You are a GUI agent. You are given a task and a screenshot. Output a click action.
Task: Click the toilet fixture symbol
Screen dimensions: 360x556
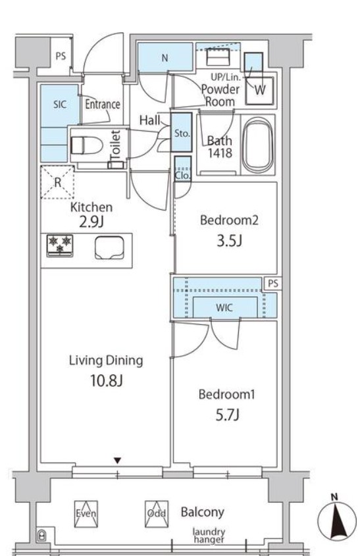87,145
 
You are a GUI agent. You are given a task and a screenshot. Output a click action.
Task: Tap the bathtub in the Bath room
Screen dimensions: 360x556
259,145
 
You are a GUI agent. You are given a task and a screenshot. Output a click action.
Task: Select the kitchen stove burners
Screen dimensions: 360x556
60,245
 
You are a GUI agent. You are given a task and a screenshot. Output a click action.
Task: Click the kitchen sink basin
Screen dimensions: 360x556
110,247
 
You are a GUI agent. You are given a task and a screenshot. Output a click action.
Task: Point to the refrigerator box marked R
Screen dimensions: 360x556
57,182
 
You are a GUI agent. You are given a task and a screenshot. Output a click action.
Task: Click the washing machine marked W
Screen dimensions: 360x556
260,90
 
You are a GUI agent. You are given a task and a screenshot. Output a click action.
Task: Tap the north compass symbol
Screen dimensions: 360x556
336,518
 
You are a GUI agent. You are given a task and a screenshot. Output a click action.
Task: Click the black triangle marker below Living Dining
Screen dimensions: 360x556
117,461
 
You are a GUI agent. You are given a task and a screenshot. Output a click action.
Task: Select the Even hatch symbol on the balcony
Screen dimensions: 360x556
86,513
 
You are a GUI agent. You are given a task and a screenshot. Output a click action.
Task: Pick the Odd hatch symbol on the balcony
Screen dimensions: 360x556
157,513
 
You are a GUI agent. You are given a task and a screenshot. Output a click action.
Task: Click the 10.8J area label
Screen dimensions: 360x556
107,380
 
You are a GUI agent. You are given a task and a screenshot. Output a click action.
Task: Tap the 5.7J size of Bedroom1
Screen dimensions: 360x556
227,414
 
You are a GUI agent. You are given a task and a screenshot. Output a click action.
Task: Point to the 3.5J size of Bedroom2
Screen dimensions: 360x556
230,240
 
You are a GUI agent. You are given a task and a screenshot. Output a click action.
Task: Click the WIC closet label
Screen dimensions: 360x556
224,307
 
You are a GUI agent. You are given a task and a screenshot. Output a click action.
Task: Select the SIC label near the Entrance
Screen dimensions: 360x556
60,104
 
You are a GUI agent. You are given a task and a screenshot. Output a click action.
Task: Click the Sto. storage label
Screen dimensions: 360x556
182,134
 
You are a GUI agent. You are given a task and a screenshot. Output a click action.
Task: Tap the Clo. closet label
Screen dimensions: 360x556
183,175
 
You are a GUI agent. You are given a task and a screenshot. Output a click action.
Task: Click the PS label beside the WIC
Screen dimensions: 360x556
273,284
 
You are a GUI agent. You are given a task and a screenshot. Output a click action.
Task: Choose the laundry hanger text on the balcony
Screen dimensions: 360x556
209,536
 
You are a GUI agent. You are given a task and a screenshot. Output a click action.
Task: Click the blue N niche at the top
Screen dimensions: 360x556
165,57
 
